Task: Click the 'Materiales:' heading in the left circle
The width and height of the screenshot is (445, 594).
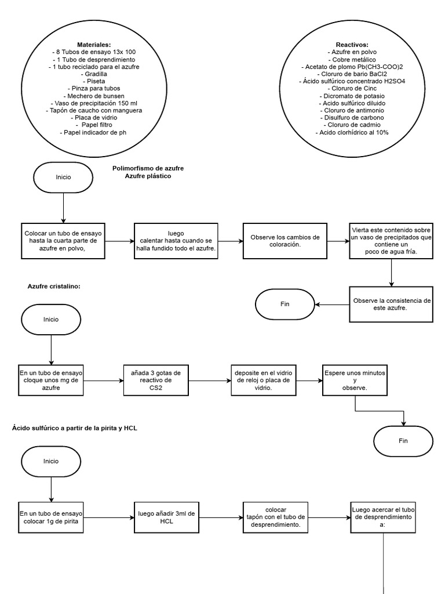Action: tap(93, 45)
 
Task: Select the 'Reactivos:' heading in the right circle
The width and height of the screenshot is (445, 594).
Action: tap(352, 45)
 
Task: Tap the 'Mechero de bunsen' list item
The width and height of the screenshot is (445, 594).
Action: tap(93, 96)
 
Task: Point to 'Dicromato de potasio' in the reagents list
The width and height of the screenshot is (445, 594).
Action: tap(352, 96)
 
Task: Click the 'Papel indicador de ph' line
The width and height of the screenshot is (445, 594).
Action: tap(93, 133)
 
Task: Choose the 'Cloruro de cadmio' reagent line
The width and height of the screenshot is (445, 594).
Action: tap(352, 125)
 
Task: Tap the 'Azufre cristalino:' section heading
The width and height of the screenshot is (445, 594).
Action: tap(54, 287)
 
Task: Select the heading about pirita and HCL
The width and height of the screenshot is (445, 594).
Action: tap(75, 428)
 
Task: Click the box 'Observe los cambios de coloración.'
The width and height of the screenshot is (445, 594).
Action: tap(284, 241)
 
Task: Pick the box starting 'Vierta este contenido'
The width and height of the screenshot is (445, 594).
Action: tap(392, 241)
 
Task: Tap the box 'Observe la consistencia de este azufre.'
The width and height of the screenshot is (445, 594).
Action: tap(392, 304)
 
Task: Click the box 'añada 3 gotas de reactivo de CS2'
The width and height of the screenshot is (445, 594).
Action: tap(156, 380)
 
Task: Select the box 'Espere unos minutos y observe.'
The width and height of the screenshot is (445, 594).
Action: tap(355, 379)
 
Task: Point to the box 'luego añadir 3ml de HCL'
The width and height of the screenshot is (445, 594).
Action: tap(166, 517)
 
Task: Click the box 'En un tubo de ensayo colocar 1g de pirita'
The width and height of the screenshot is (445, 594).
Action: tap(52, 517)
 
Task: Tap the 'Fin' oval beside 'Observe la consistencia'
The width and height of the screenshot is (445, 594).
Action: tap(285, 304)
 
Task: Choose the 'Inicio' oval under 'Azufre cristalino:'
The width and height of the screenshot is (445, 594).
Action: tap(51, 320)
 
